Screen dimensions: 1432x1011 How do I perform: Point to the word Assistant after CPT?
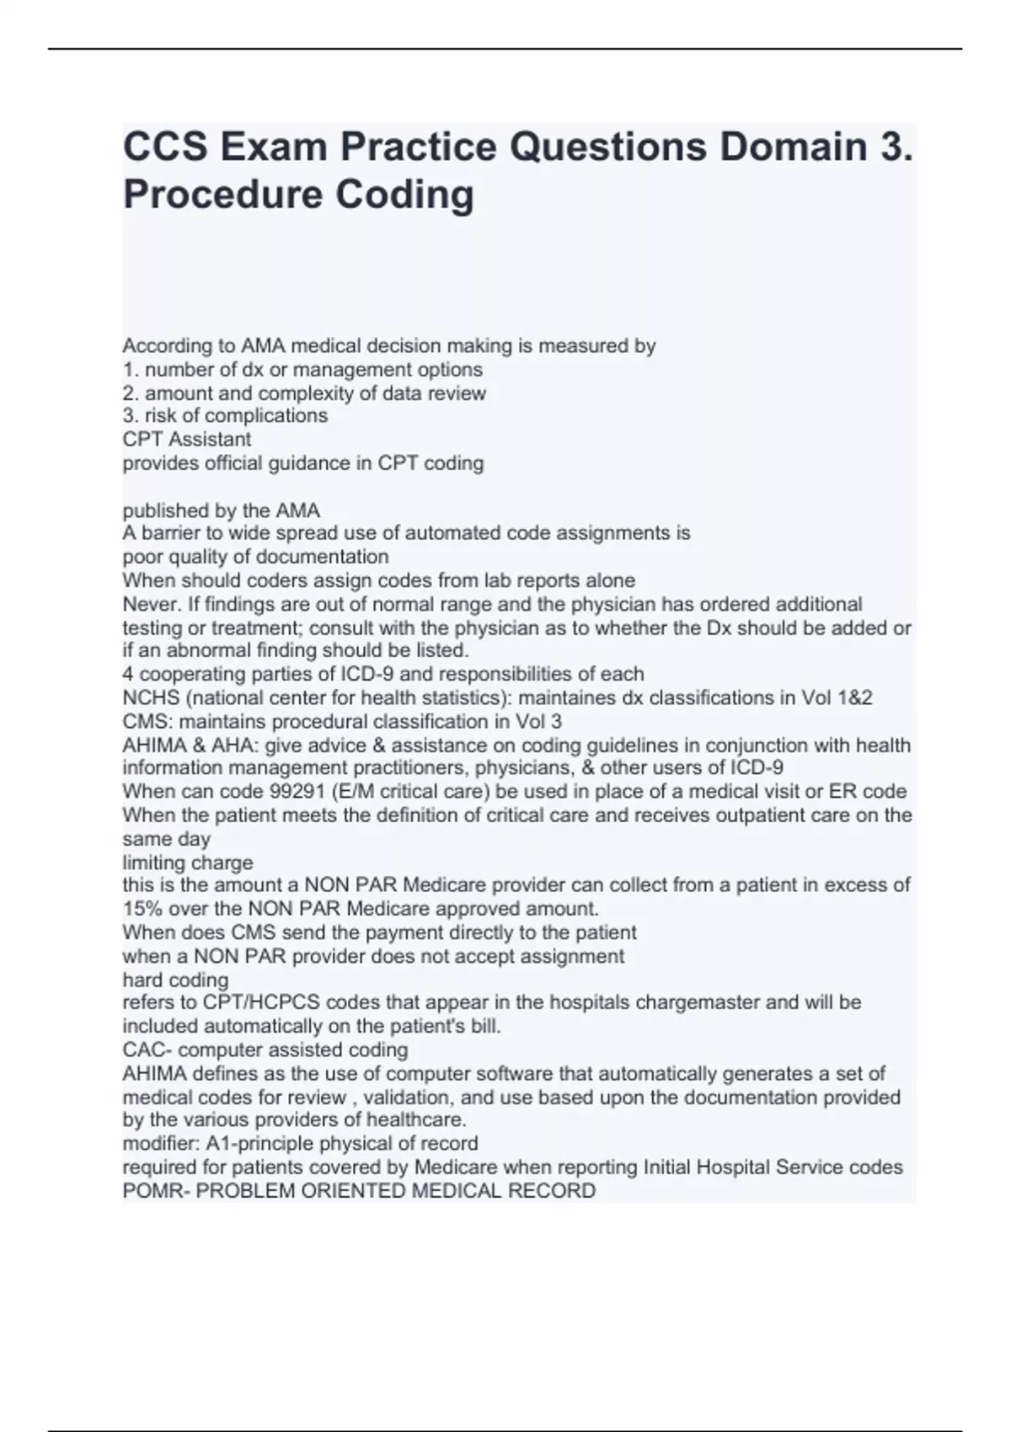point(211,440)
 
